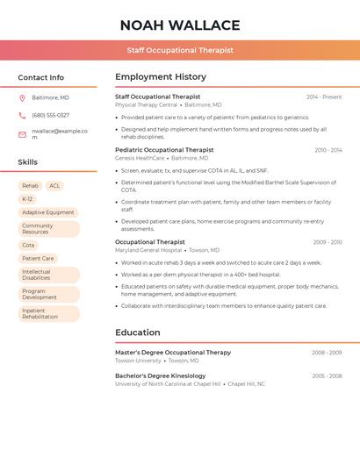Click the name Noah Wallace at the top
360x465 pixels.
pos(180,25)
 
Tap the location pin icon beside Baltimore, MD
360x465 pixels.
pos(22,97)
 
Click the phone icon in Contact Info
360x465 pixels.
pos(22,115)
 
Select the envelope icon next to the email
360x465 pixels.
pos(22,134)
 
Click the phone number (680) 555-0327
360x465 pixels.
pos(50,115)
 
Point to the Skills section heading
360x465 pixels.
pos(28,162)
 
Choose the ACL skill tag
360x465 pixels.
pos(54,186)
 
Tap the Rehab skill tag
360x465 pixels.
pos(30,186)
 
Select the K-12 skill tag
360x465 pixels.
pos(27,199)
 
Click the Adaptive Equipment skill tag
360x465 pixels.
pos(47,212)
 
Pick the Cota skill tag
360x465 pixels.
pos(28,245)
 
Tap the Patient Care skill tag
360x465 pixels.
pos(38,258)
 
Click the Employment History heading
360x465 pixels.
pos(161,77)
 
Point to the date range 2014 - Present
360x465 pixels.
pos(323,97)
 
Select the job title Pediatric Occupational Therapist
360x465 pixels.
pos(164,150)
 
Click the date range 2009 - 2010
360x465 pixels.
pos(327,242)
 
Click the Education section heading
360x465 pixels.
pos(138,333)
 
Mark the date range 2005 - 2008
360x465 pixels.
pos(327,376)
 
